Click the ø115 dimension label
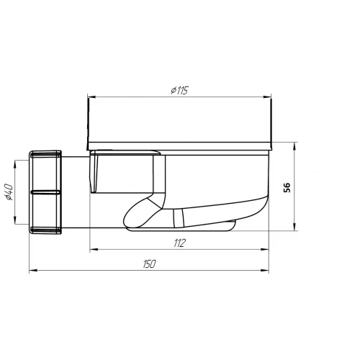(179, 90)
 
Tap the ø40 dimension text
(9, 192)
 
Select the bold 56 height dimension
(287, 187)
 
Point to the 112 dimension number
(179, 243)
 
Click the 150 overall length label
(149, 264)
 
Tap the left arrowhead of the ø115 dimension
(91, 97)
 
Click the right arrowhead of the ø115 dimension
(267, 97)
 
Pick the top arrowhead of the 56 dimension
(294, 146)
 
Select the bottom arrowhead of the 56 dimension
(294, 227)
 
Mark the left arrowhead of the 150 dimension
(33, 271)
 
